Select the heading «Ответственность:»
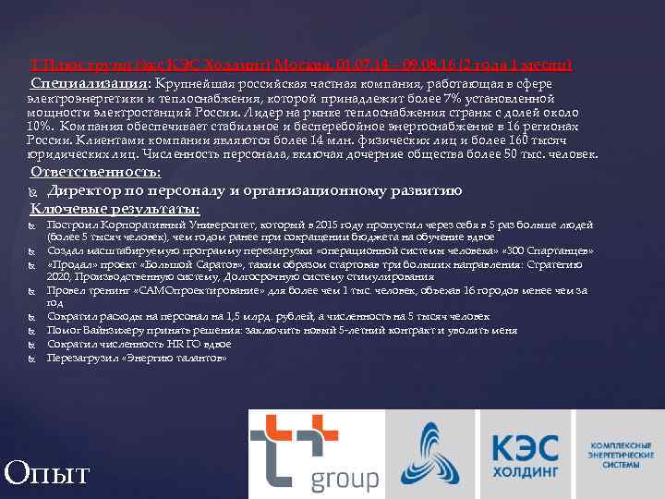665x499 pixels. point(96,172)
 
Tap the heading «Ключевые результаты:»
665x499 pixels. point(115,209)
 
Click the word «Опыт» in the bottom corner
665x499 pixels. point(47,474)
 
